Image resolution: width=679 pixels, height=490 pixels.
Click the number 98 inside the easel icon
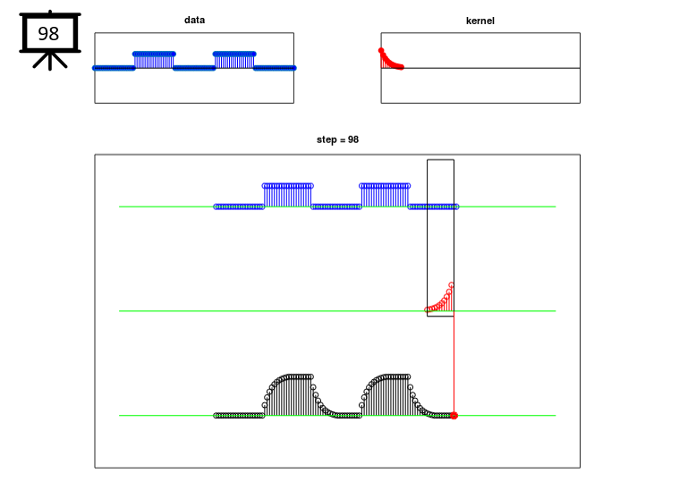pyautogui.click(x=48, y=33)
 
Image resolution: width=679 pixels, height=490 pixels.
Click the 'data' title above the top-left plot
pyautogui.click(x=194, y=20)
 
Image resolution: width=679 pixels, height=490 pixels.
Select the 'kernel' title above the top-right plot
pyautogui.click(x=480, y=21)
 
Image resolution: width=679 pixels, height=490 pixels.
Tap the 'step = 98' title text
pyautogui.click(x=337, y=139)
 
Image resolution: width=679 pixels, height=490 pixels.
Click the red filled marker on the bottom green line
pyautogui.click(x=454, y=416)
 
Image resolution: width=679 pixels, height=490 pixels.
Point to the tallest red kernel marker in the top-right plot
pyautogui.click(x=381, y=51)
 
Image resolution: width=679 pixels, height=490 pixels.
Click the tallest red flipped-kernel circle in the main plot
pyautogui.click(x=451, y=285)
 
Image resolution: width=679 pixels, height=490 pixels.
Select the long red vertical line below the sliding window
pyautogui.click(x=454, y=365)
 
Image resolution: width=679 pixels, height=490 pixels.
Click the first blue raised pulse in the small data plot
pyautogui.click(x=154, y=60)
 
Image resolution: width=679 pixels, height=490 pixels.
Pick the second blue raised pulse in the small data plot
pyautogui.click(x=234, y=60)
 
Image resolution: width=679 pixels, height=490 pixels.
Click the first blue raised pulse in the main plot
pyautogui.click(x=287, y=196)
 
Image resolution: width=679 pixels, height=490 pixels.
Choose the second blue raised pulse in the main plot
pyautogui.click(x=385, y=196)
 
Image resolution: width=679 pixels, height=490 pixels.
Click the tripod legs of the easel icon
pyautogui.click(x=50, y=60)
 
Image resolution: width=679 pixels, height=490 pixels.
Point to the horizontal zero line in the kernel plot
pyautogui.click(x=480, y=68)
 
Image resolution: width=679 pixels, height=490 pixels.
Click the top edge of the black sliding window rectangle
pyautogui.click(x=440, y=160)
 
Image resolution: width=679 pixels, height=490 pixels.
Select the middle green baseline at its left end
pyautogui.click(x=120, y=311)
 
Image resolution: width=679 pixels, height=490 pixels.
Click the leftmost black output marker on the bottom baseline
pyautogui.click(x=216, y=416)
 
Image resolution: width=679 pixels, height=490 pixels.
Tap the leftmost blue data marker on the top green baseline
pyautogui.click(x=216, y=207)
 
